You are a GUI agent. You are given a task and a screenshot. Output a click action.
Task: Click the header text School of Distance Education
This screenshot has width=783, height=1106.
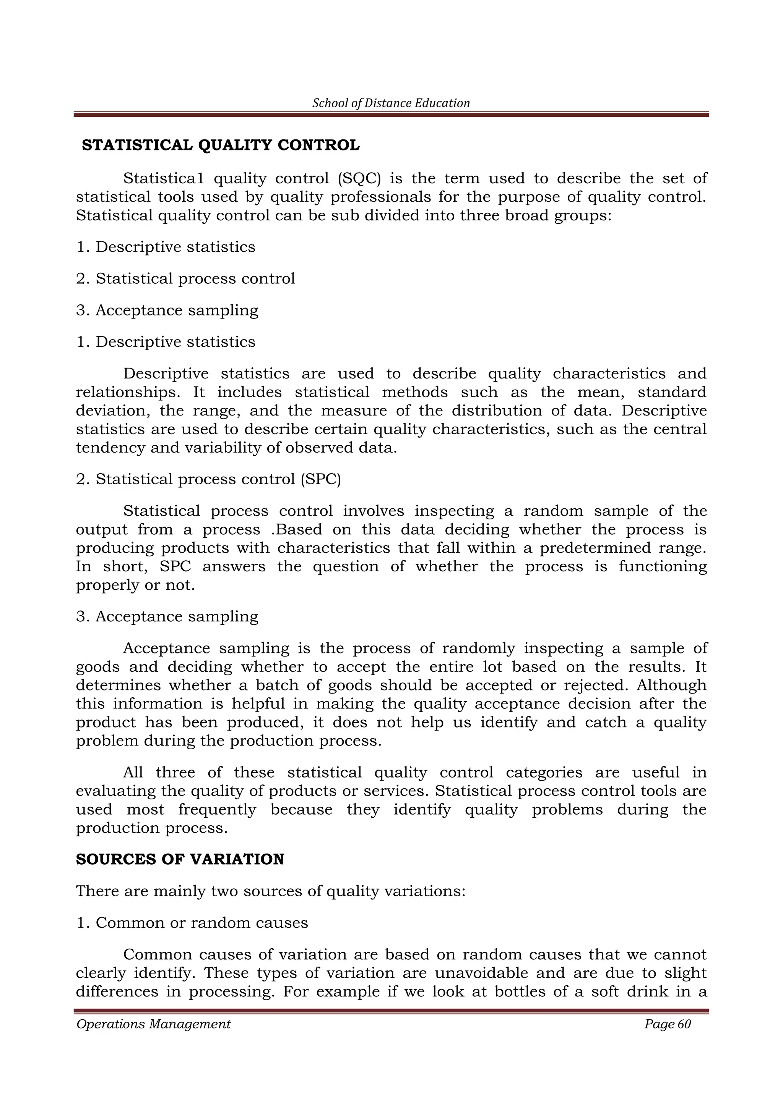click(x=391, y=103)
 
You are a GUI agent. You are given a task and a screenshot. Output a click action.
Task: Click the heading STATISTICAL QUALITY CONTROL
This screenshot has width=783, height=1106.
click(x=221, y=146)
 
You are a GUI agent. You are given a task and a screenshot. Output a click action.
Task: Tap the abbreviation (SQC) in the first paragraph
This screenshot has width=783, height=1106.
click(x=359, y=179)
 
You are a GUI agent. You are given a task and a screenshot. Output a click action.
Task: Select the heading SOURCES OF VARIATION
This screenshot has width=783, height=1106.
click(x=180, y=859)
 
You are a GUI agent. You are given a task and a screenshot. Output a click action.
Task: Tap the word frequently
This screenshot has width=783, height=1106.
click(x=217, y=810)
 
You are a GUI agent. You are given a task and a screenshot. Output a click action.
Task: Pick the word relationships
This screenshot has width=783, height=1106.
click(x=128, y=393)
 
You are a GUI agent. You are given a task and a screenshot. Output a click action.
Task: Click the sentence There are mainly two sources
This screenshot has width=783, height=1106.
click(x=270, y=891)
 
